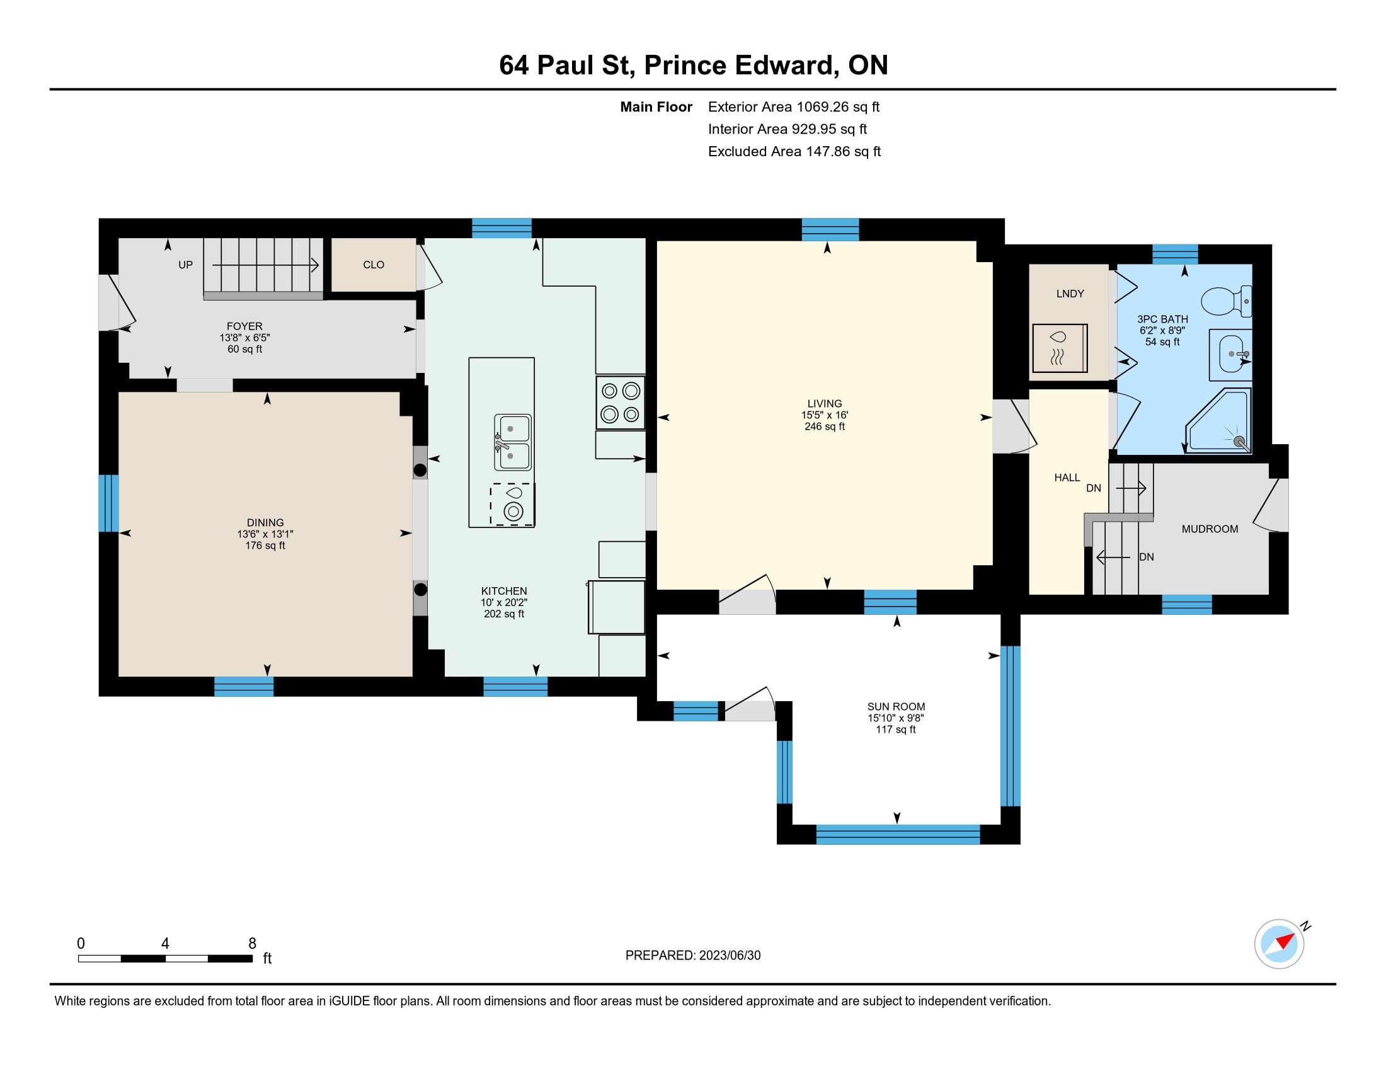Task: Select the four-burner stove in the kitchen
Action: (620, 403)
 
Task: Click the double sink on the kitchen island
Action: (513, 442)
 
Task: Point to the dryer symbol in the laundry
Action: (1060, 348)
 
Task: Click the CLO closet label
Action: (373, 265)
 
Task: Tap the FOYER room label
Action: (244, 326)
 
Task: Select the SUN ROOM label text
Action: (896, 706)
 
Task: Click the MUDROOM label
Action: (1210, 529)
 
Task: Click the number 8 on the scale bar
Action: (252, 944)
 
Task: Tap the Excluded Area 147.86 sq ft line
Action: (794, 151)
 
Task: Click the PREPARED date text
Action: (693, 956)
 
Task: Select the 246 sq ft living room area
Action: (825, 427)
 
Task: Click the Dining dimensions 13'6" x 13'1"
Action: (265, 534)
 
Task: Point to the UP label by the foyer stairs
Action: (185, 265)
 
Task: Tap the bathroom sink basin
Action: (1231, 353)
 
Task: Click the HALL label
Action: (1067, 477)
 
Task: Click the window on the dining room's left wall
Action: (108, 503)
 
